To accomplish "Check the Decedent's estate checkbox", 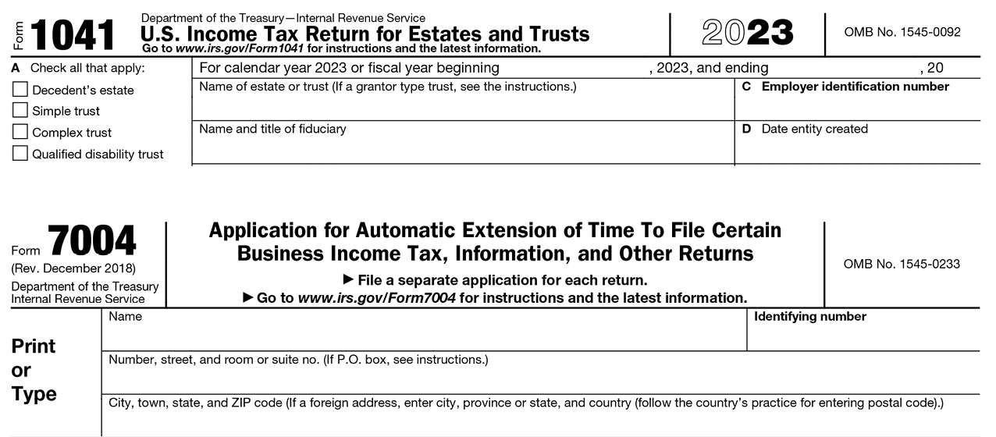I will click(x=20, y=90).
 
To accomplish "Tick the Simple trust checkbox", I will click(x=20, y=111).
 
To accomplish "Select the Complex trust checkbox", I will click(x=20, y=132).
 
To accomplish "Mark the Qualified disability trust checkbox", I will click(x=20, y=154).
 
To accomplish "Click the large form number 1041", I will click(x=72, y=35).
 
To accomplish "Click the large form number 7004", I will click(x=92, y=241).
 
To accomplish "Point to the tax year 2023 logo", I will click(x=747, y=33).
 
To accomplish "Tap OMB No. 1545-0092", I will click(x=902, y=32).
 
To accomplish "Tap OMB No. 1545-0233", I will click(x=902, y=264).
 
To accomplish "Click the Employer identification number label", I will click(x=855, y=87).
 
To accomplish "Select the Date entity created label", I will click(x=814, y=129).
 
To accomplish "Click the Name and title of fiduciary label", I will click(x=272, y=129).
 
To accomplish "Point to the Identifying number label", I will click(x=810, y=316).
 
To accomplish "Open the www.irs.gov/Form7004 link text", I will click(x=378, y=297).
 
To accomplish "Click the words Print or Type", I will click(x=34, y=370).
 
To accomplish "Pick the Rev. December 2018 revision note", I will click(x=73, y=269).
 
